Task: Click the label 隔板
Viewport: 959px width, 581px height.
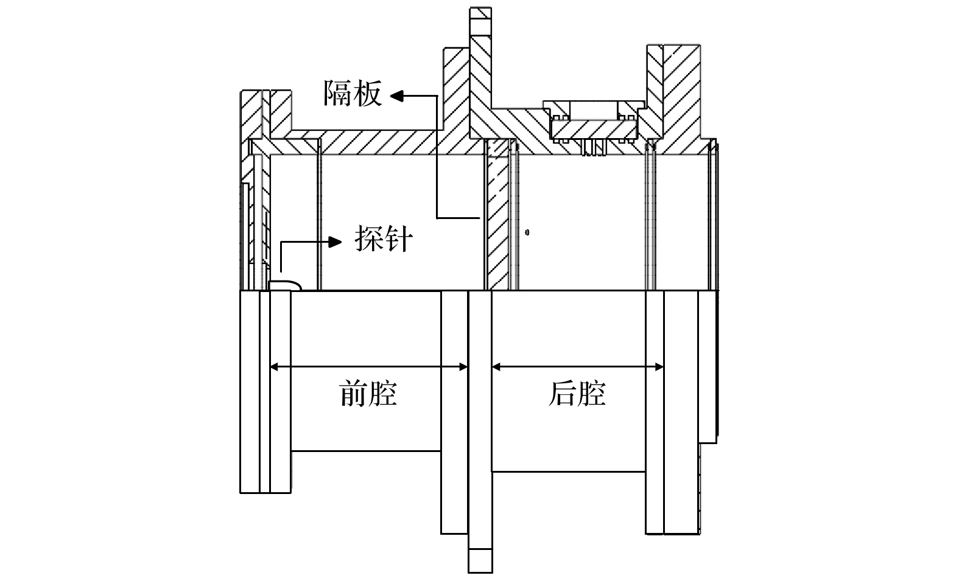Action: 353,94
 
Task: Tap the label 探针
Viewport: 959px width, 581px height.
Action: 384,239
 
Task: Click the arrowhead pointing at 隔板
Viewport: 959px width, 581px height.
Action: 396,95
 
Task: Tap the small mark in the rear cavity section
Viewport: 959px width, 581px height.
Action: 527,232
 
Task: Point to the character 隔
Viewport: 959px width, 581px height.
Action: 338,94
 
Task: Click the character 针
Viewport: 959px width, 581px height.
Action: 399,239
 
